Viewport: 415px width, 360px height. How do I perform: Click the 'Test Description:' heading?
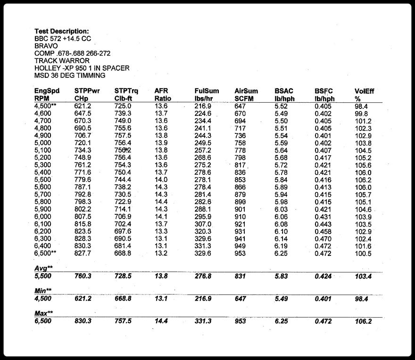point(61,31)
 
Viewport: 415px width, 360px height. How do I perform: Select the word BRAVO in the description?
point(46,46)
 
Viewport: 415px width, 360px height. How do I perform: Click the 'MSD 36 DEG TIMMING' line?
point(70,75)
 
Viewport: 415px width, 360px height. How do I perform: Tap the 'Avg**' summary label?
point(44,268)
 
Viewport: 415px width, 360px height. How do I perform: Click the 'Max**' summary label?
point(45,313)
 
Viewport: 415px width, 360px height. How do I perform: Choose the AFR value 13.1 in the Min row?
point(162,299)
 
